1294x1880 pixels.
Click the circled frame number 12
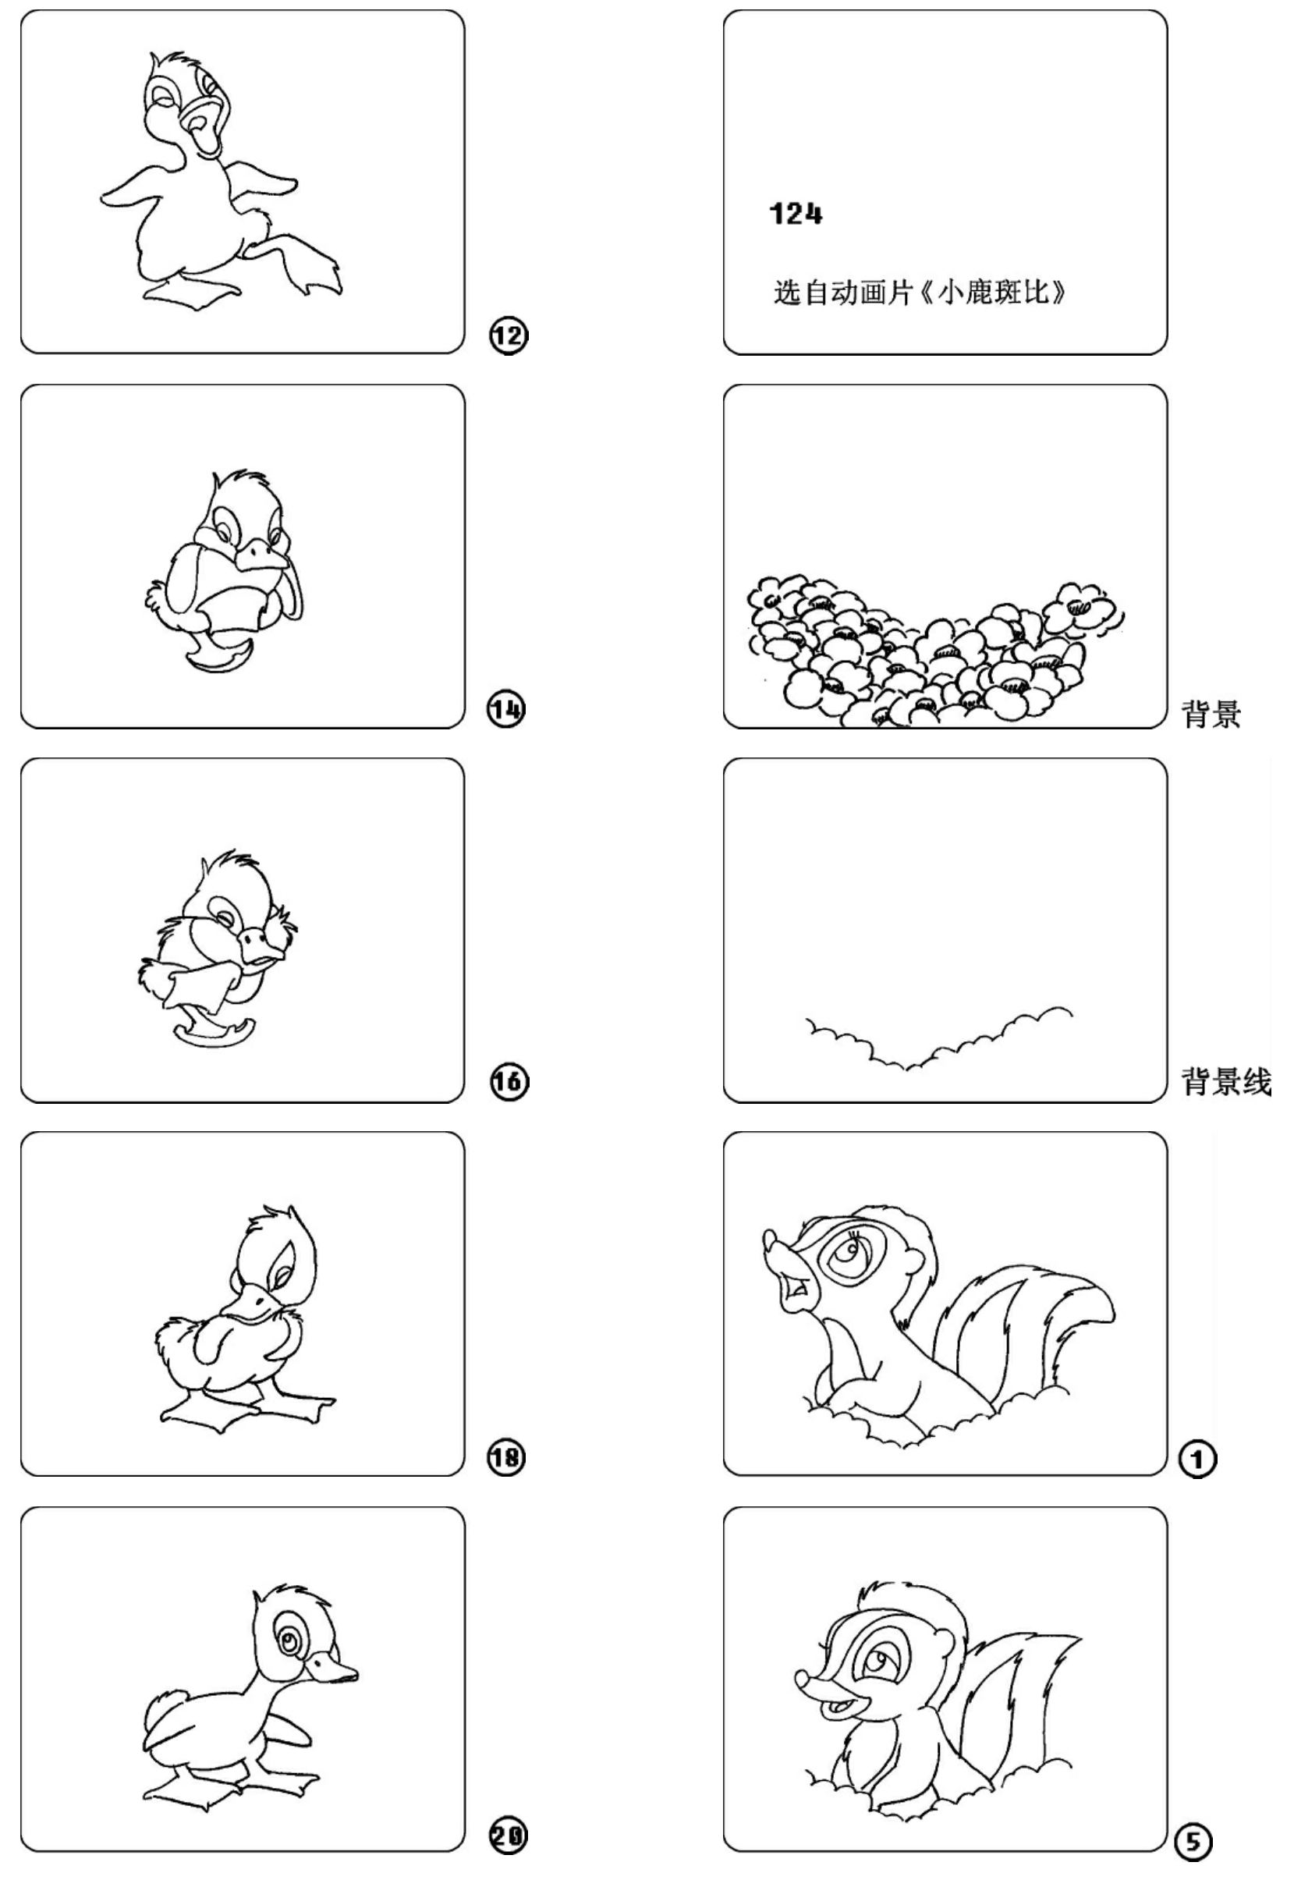click(x=509, y=335)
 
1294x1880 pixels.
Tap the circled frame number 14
click(x=507, y=709)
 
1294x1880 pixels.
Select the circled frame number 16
click(x=509, y=1082)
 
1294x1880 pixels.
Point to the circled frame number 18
click(x=507, y=1458)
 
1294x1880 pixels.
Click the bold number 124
click(x=796, y=214)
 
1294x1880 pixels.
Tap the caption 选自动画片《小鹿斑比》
click(x=920, y=292)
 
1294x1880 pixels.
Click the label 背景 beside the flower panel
click(x=1211, y=715)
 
